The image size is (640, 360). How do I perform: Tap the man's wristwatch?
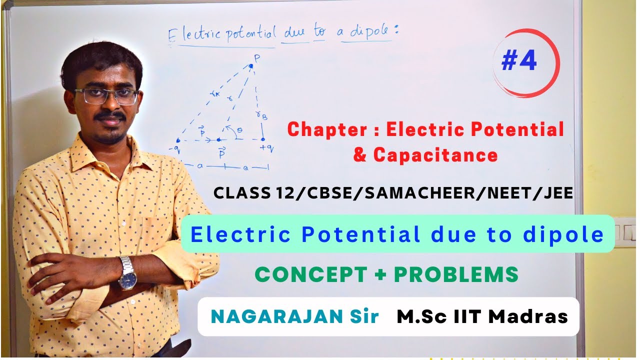point(127,272)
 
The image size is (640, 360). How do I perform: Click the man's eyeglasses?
point(106,96)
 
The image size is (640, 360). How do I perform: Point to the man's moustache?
point(110,116)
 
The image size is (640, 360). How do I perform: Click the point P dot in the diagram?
point(251,65)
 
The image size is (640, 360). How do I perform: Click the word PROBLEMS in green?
point(455,274)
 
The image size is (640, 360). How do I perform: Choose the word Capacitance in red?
point(435,155)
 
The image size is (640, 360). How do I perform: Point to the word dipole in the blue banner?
point(568,234)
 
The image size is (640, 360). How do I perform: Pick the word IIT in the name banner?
point(470,316)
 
